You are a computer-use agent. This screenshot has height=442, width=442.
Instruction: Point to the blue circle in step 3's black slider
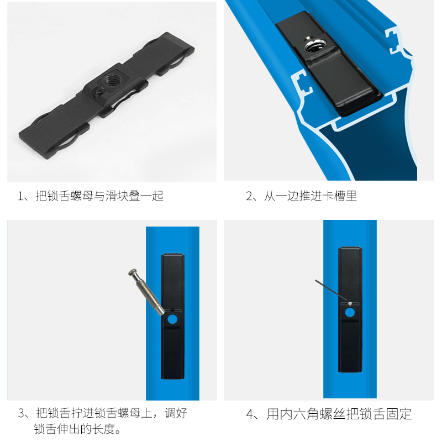(x=172, y=319)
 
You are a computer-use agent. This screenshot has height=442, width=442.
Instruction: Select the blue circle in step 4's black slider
(x=350, y=312)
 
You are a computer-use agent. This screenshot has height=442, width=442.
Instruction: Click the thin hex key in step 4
(x=331, y=291)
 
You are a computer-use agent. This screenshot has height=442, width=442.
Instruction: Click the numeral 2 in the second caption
(x=249, y=196)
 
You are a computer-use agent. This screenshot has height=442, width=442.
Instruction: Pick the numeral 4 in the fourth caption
(x=250, y=414)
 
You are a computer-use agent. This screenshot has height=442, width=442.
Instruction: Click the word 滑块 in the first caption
(x=127, y=196)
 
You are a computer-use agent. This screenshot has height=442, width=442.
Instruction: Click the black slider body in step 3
(x=172, y=348)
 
